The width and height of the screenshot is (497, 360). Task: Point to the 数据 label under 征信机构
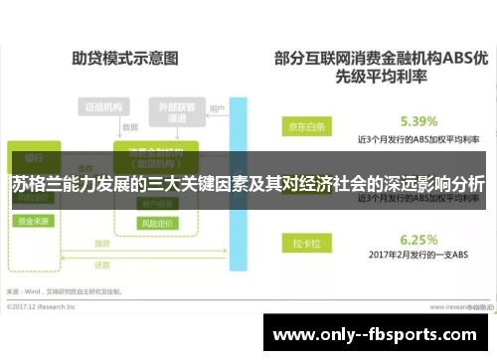point(128,127)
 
